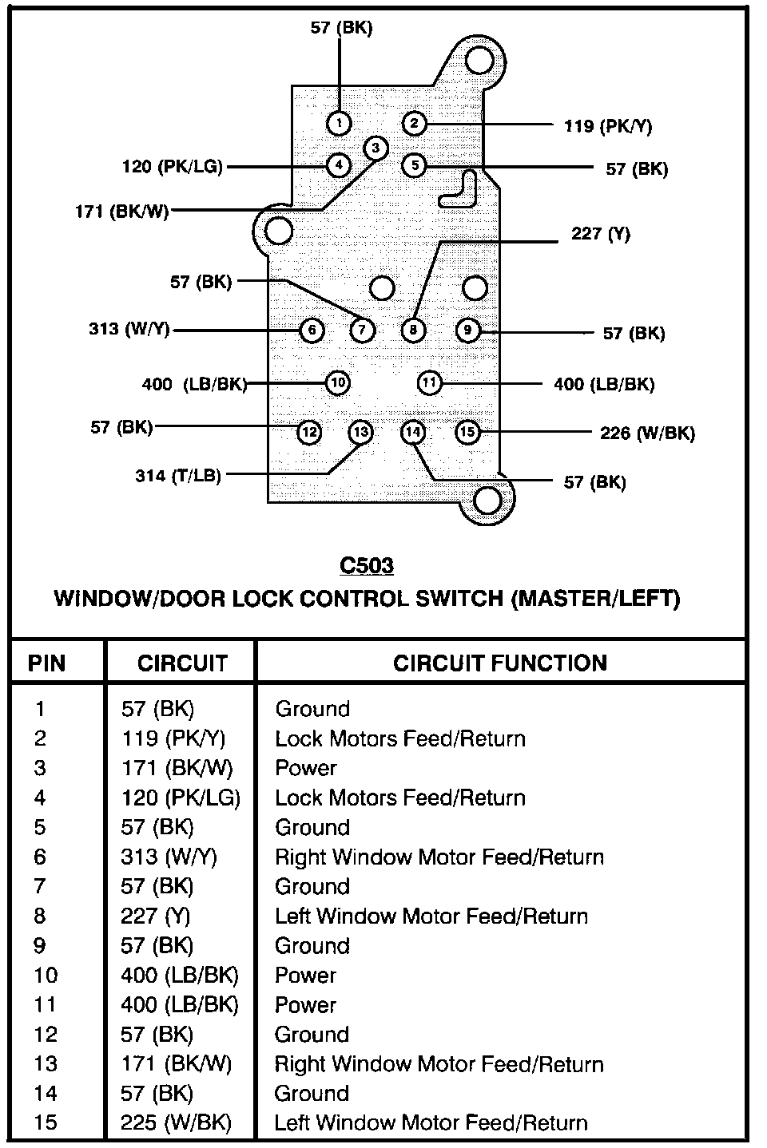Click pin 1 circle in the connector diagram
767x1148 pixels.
[340, 123]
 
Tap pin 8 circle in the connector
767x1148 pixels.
[412, 329]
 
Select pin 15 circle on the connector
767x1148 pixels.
[467, 432]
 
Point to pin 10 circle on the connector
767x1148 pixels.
[338, 383]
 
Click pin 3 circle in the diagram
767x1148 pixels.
[376, 148]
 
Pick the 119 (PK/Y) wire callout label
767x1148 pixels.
[607, 125]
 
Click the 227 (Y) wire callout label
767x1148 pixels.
[600, 234]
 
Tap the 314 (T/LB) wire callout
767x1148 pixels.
[177, 476]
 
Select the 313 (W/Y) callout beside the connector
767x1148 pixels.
[129, 329]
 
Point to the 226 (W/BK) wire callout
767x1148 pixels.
[647, 433]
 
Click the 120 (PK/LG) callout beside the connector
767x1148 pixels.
[172, 167]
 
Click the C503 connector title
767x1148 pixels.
[367, 565]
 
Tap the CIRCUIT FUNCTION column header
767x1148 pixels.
[499, 663]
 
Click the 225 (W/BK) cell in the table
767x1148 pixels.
[176, 1122]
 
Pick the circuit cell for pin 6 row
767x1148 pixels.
[169, 857]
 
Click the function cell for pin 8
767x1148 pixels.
[431, 916]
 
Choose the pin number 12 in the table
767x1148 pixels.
[46, 1034]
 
